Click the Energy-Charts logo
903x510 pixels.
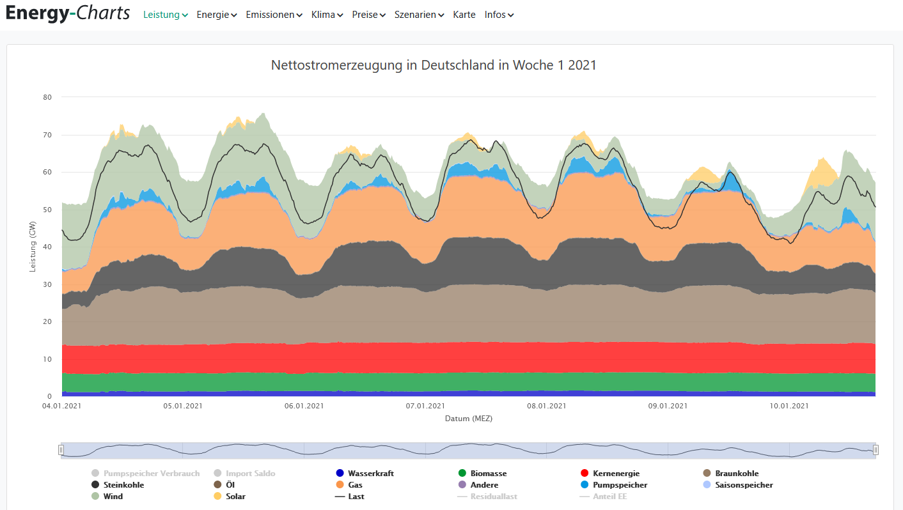67,13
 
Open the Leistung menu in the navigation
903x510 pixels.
165,15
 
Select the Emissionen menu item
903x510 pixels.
274,15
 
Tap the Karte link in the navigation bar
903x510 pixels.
464,15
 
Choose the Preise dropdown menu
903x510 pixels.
368,15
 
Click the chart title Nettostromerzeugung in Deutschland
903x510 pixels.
434,65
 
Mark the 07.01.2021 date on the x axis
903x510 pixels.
426,406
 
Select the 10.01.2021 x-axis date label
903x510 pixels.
789,406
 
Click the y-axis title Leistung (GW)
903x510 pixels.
33,247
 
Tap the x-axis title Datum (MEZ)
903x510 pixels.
469,419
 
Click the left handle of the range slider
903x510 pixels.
61,450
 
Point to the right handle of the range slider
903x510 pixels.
876,450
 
